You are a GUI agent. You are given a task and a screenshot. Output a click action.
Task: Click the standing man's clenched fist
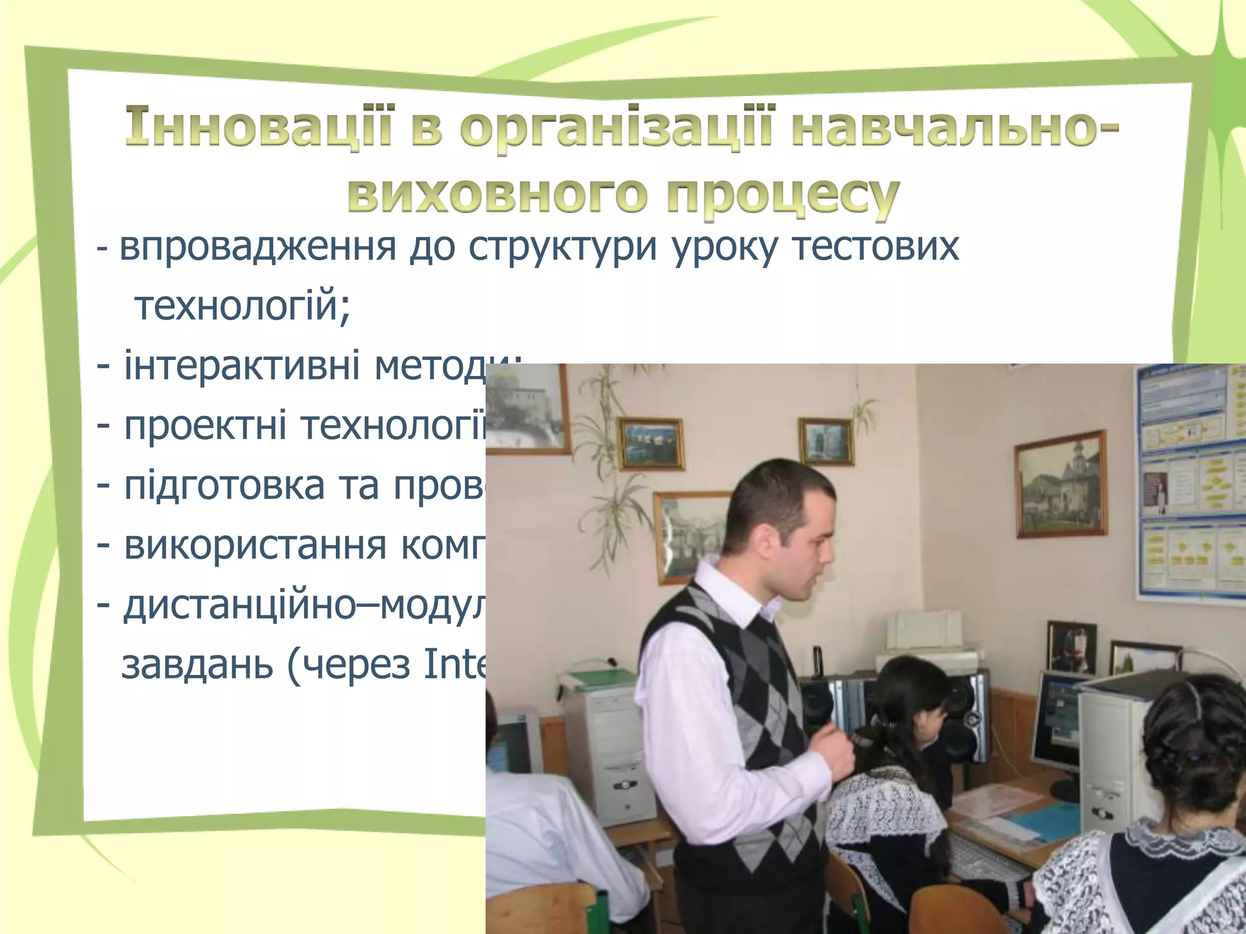coord(830,755)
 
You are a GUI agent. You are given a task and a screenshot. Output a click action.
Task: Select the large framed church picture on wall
coord(1059,484)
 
